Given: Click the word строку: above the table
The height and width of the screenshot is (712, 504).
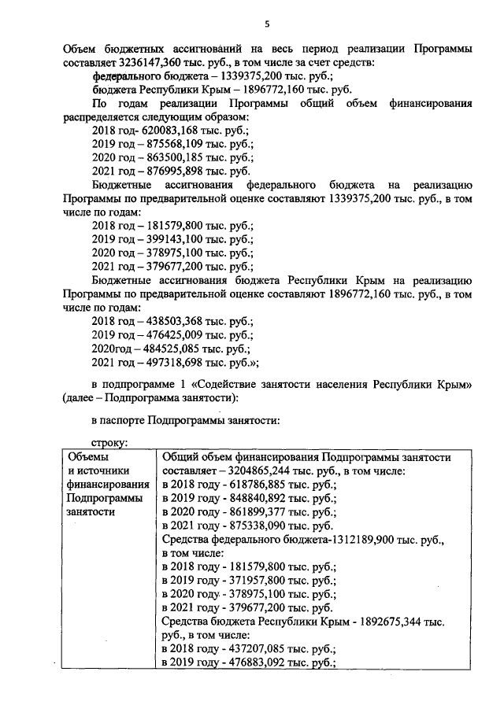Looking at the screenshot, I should (110, 444).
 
